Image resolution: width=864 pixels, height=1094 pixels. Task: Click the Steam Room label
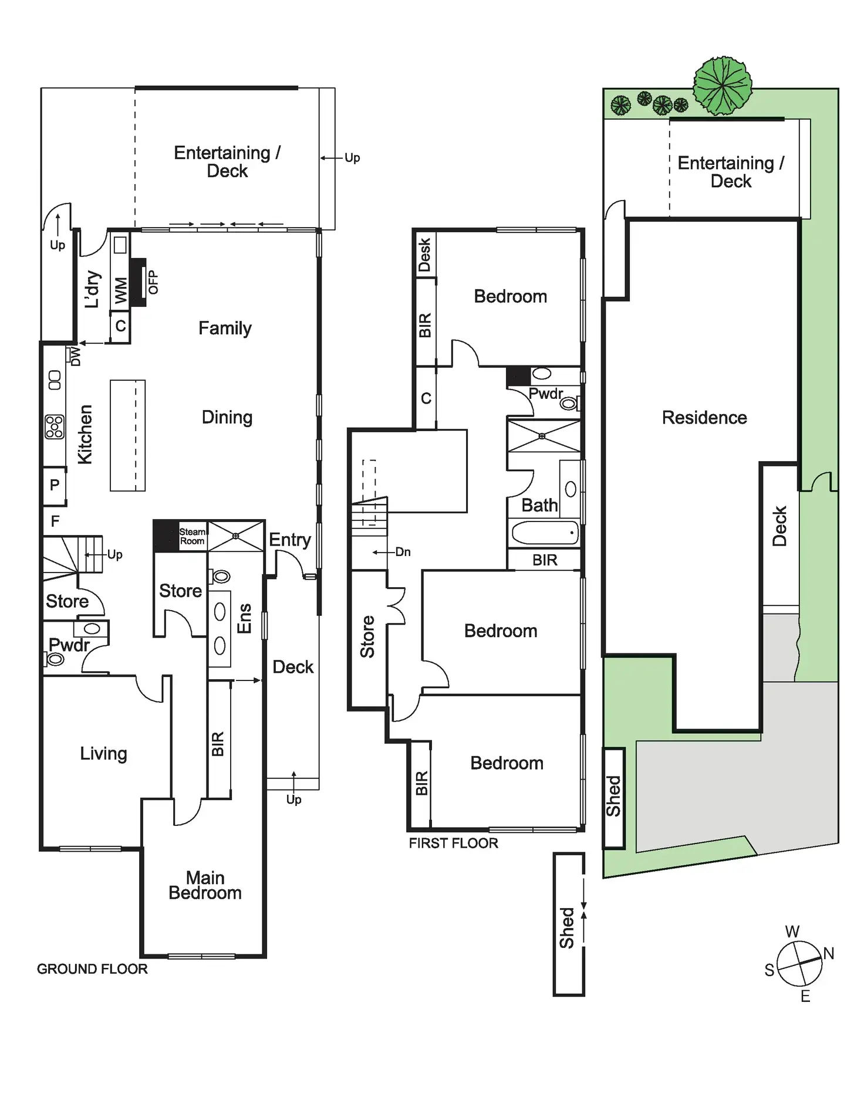click(193, 536)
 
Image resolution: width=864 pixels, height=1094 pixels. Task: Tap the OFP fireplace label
click(153, 282)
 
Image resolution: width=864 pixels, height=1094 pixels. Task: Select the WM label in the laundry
click(121, 291)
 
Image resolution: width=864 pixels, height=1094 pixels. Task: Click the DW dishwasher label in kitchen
click(75, 356)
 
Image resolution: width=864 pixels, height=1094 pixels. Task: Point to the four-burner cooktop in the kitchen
click(55, 426)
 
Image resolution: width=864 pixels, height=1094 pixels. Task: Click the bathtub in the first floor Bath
click(545, 533)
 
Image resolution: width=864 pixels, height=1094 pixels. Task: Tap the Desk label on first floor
click(424, 255)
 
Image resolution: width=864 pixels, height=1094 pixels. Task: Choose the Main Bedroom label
click(205, 885)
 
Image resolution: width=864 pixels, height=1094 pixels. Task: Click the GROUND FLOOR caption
click(92, 968)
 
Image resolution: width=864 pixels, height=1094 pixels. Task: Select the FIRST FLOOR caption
click(453, 843)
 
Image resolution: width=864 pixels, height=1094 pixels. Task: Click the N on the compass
click(828, 953)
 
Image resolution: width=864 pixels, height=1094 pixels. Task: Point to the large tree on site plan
click(723, 86)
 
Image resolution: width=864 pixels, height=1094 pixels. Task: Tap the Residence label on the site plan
click(704, 418)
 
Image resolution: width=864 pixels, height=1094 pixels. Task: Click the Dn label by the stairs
click(403, 552)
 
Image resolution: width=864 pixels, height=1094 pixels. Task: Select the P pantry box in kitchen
click(55, 485)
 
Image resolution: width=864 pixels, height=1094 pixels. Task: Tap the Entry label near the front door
click(289, 540)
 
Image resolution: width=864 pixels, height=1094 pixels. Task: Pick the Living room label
click(103, 753)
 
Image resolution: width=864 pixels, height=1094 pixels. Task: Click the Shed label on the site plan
click(613, 796)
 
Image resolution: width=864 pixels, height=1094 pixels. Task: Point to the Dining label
click(227, 417)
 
